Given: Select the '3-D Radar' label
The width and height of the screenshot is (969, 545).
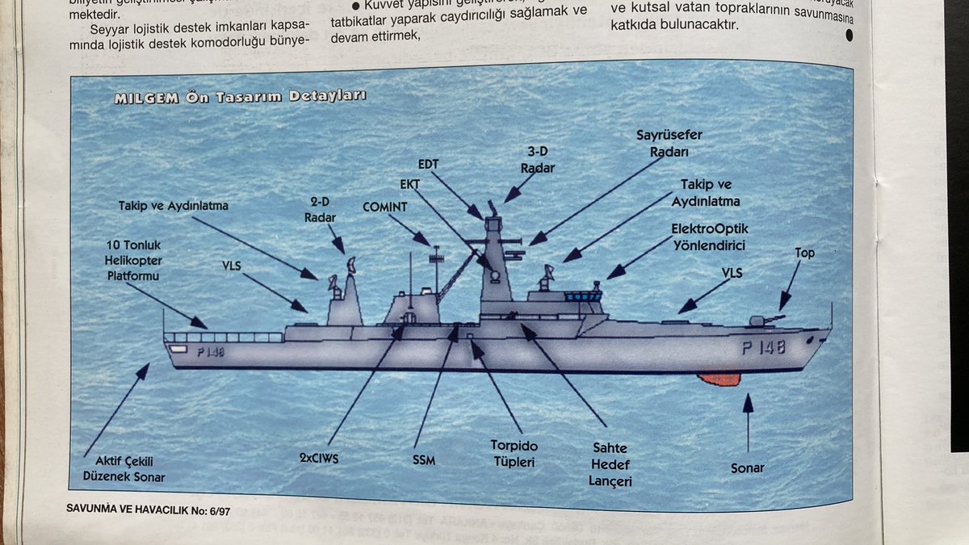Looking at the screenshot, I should pos(537,160).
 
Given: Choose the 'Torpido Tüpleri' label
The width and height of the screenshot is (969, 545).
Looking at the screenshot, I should pos(514,454).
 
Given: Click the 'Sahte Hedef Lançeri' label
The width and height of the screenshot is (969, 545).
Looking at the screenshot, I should pos(609,464).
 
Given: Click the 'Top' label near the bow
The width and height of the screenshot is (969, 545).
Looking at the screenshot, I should pos(804,253).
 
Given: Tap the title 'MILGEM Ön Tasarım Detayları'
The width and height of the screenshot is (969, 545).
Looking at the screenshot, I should pos(240,97).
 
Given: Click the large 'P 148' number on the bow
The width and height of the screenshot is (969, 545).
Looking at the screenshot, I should pos(763,348).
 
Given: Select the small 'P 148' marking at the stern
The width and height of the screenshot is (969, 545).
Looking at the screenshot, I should pos(209,351).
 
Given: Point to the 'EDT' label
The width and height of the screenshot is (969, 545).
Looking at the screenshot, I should pos(428,165).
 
